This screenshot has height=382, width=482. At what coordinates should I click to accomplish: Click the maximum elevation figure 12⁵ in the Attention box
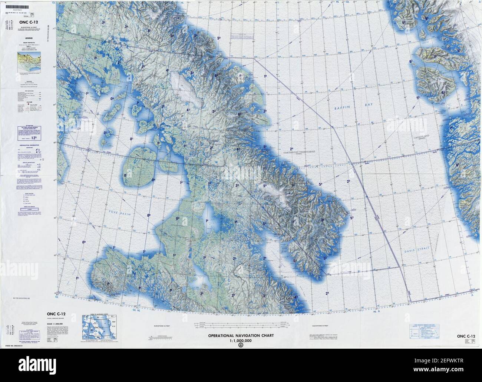(x=34, y=137)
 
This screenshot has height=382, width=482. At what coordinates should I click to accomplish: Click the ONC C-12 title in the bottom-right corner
(x=466, y=336)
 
